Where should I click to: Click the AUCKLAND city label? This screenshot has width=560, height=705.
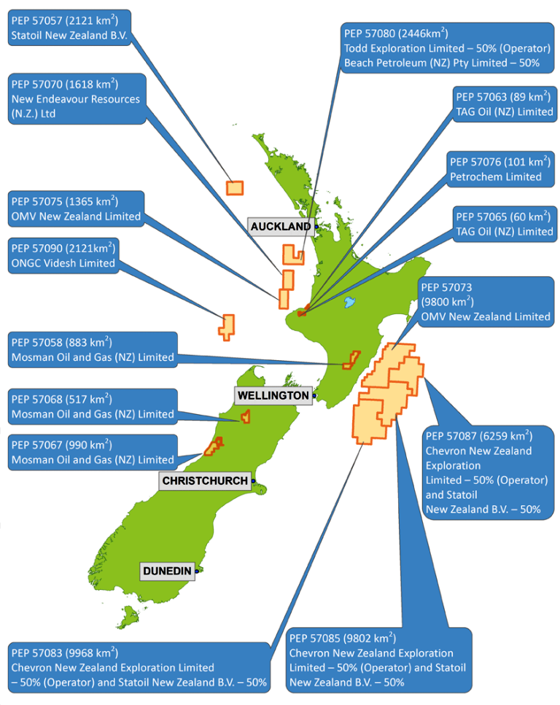pos(281,227)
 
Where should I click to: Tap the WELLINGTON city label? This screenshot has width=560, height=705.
pos(273,395)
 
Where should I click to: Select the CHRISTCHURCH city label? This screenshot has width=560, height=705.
pos(205,481)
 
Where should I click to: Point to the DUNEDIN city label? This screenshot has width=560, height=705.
pos(167,571)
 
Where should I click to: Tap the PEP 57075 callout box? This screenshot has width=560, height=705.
pos(76,209)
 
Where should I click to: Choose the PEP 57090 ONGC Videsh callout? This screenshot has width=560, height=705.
pos(63,256)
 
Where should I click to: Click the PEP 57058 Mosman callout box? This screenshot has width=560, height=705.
pos(92,350)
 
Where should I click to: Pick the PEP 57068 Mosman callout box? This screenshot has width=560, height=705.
pos(92,407)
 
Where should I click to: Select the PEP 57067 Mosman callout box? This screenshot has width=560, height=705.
pos(92,452)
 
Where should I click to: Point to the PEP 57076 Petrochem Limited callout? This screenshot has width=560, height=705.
pos(500,169)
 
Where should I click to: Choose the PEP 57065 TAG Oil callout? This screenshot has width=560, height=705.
pos(503,224)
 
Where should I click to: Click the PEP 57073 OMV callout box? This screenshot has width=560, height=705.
pos(486,302)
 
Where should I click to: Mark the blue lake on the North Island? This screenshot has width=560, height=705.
pos(349,301)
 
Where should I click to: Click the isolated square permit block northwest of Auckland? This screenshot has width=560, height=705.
pos(234,187)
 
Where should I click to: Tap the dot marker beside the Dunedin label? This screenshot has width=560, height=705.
pos(198,571)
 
